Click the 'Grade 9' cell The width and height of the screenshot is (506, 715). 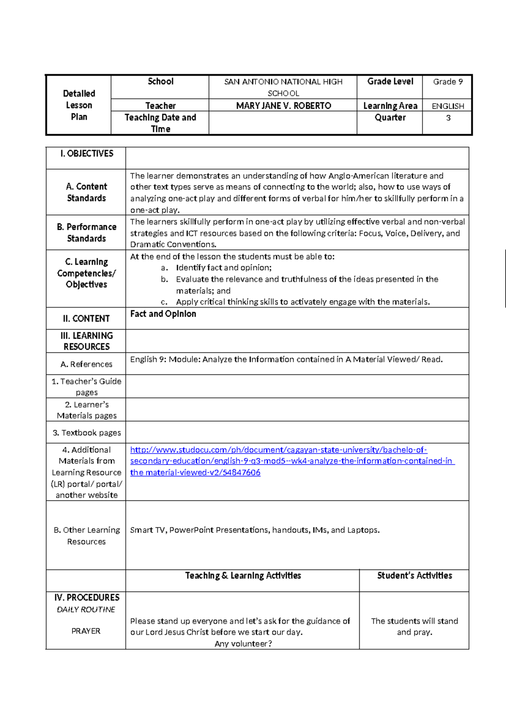pos(447,82)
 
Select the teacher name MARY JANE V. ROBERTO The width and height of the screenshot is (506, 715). pos(283,106)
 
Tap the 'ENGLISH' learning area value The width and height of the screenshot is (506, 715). pos(447,106)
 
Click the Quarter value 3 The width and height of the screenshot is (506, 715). pos(448,118)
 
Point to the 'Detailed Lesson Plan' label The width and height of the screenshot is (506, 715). pos(79,105)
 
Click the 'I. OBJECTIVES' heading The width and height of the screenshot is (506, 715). pos(86,154)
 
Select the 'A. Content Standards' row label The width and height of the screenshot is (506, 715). pos(86,192)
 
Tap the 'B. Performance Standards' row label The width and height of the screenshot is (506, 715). pos(86,233)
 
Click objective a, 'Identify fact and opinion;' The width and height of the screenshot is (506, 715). pos(223,268)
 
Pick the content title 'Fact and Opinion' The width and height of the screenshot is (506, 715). pos(163,314)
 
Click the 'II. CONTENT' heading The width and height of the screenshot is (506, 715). pos(86,319)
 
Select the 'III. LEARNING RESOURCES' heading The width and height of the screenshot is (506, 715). pos(86,341)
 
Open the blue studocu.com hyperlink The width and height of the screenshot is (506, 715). pos(278,461)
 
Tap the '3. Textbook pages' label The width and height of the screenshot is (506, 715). pos(86,433)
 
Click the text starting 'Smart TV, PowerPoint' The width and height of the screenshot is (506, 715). pos(255,530)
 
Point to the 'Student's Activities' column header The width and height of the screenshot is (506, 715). pos(414,576)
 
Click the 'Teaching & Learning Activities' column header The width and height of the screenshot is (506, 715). pos(243,576)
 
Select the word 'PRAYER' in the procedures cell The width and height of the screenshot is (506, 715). pos(86,631)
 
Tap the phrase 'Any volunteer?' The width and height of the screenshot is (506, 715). pos(243,644)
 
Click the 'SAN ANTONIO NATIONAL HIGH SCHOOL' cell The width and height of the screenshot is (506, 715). pos(283,87)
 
